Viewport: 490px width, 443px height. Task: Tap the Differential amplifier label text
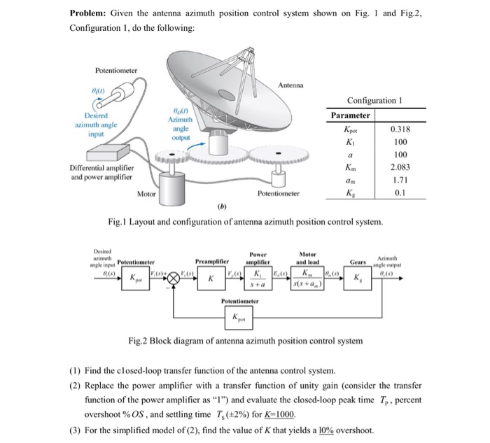(x=104, y=167)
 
